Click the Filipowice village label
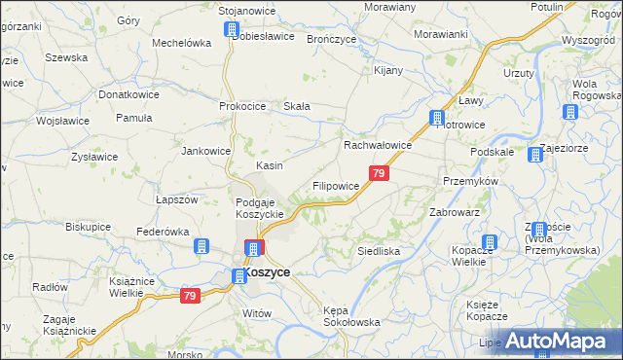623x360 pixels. (x=336, y=184)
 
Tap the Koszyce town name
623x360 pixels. (x=266, y=273)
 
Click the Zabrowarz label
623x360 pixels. (x=455, y=211)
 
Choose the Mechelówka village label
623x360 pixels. (x=182, y=43)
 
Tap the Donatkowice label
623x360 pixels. (x=128, y=95)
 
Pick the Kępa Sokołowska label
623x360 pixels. (x=350, y=315)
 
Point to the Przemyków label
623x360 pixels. (x=470, y=181)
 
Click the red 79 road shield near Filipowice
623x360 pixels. (x=380, y=173)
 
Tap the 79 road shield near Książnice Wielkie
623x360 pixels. (x=190, y=296)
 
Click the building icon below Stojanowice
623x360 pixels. (x=232, y=29)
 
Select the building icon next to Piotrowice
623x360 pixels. (x=438, y=118)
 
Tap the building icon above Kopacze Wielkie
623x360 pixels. (x=490, y=242)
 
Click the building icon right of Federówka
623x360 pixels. (x=202, y=246)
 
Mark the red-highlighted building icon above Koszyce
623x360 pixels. (x=253, y=248)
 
